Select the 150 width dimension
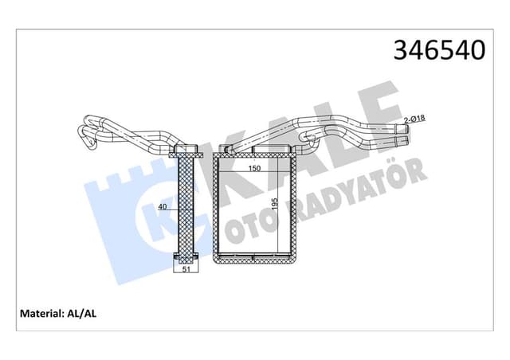(x=253, y=169)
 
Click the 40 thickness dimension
(x=163, y=207)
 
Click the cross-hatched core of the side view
(x=186, y=207)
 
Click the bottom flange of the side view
(x=186, y=258)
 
